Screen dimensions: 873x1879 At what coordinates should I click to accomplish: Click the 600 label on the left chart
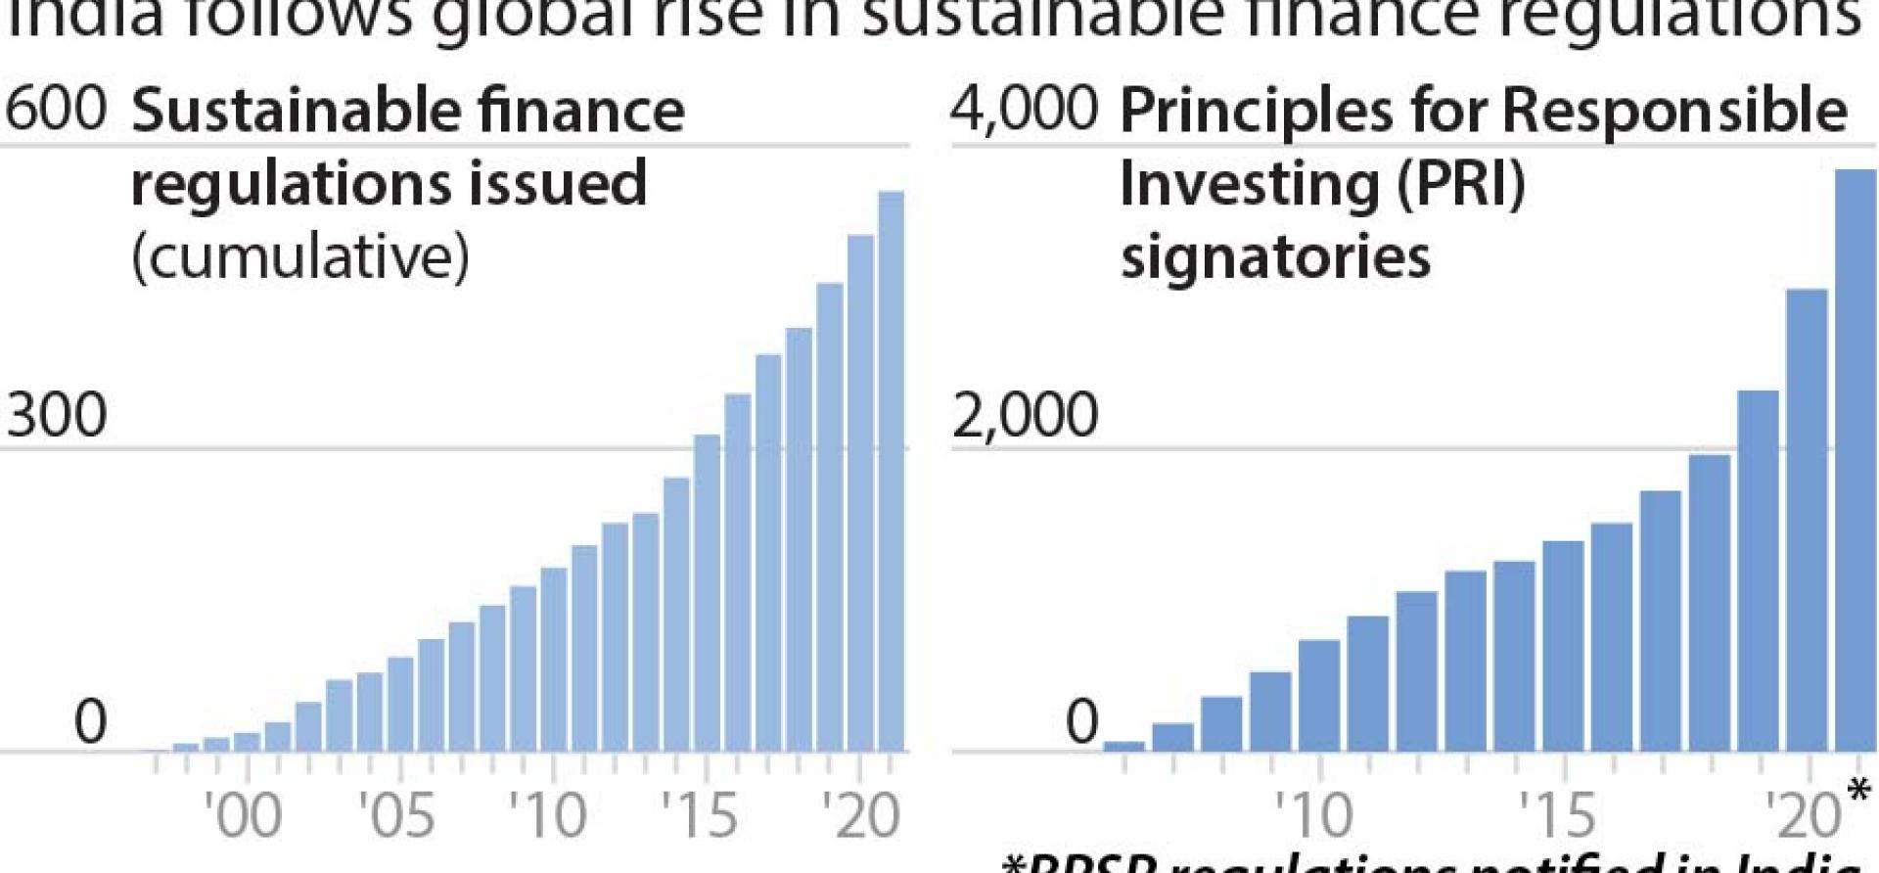click(x=55, y=108)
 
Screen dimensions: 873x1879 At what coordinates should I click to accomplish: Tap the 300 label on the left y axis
click(x=56, y=415)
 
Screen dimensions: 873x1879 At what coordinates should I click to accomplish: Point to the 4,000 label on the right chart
click(x=1025, y=108)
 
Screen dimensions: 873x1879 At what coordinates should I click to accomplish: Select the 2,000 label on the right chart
click(x=1025, y=415)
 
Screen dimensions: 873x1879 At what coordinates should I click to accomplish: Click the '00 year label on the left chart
click(x=243, y=814)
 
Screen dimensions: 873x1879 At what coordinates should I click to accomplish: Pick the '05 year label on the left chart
click(x=396, y=814)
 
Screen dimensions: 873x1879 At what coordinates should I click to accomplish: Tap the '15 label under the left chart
click(x=700, y=814)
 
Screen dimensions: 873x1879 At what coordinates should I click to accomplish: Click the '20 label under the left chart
click(x=859, y=814)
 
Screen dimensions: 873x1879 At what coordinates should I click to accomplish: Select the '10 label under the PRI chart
click(x=1314, y=814)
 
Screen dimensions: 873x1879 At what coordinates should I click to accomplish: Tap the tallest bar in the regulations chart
click(x=891, y=470)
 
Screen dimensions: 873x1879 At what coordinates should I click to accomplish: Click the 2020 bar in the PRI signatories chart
click(x=1807, y=519)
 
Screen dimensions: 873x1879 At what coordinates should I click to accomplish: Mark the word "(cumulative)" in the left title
click(x=299, y=256)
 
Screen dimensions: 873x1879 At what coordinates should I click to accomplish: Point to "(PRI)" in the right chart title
click(x=1460, y=183)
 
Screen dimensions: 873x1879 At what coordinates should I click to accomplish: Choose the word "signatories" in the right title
click(x=1274, y=256)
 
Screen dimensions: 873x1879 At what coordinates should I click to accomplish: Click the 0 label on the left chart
click(x=90, y=722)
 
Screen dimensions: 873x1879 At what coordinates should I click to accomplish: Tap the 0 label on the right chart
click(x=1081, y=722)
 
